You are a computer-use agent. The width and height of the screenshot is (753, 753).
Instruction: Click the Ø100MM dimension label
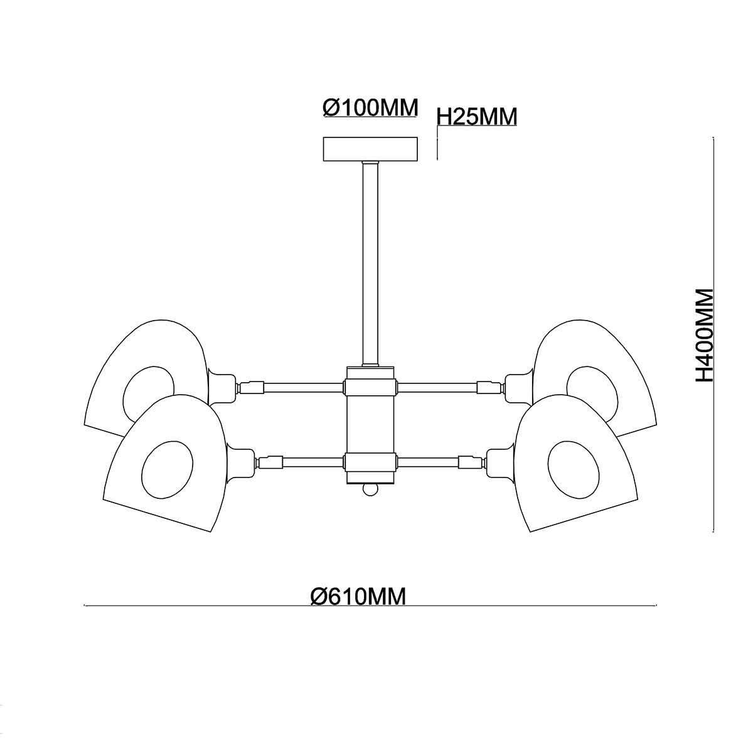(x=370, y=107)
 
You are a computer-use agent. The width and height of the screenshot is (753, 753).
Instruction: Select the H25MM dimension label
(x=477, y=116)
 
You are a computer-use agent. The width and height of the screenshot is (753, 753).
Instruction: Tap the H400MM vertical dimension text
(x=705, y=335)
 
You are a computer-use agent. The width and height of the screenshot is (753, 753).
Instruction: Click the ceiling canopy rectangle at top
(x=370, y=149)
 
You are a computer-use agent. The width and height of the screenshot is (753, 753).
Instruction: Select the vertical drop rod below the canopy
(x=370, y=264)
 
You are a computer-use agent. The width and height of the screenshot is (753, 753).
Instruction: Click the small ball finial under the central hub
(x=370, y=489)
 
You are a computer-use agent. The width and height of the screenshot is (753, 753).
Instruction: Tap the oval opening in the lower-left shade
(x=168, y=470)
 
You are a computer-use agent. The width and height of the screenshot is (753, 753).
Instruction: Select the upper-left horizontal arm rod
(x=304, y=387)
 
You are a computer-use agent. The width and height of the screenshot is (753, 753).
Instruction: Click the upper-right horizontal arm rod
(x=437, y=387)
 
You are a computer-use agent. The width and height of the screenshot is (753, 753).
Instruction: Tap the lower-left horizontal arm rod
(x=312, y=462)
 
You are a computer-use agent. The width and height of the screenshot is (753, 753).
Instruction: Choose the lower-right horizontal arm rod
(x=428, y=462)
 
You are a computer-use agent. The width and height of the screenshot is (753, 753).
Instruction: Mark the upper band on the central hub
(x=370, y=387)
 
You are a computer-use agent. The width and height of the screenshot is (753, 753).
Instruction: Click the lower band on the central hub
(x=370, y=462)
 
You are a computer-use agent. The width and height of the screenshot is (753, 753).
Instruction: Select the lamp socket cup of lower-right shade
(x=501, y=462)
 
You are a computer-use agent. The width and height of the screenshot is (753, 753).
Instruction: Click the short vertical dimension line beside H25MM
(x=437, y=143)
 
